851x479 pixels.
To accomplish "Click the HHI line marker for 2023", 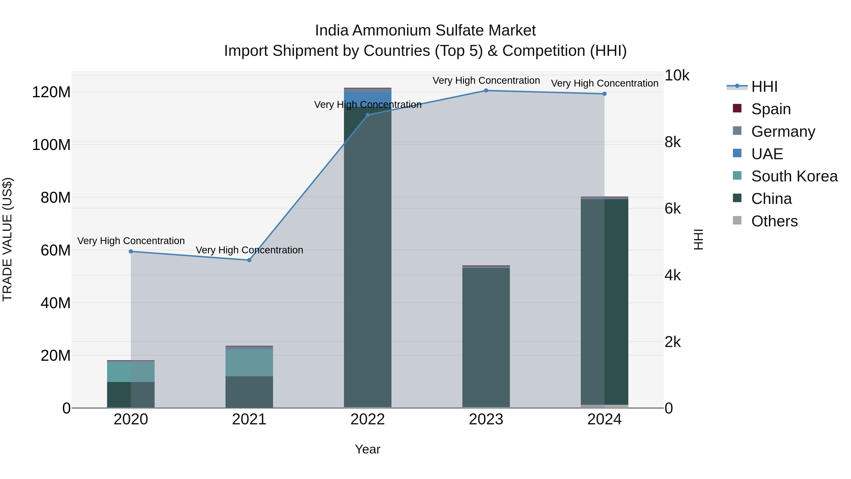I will (486, 90).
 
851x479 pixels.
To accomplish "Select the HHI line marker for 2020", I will (131, 252).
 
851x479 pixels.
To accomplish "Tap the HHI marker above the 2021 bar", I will (249, 260).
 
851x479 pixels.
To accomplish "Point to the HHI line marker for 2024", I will (604, 94).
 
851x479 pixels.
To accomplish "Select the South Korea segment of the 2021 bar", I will (249, 363).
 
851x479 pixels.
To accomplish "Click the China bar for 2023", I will (486, 337).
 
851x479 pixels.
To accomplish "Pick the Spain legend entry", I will (770, 109).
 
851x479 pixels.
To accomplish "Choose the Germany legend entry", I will (782, 132).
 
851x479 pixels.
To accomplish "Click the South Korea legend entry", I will (794, 176).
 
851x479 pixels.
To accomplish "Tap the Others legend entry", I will (774, 221).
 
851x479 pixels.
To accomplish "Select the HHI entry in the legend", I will (764, 87).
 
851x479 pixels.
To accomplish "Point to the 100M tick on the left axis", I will (51, 145).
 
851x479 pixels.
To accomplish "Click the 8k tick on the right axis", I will (673, 142).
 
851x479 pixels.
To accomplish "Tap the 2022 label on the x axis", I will (367, 419).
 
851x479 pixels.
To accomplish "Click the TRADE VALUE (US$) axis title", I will (7, 239).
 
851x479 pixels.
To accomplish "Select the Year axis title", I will (367, 449).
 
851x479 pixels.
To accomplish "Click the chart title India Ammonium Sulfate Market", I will (425, 31).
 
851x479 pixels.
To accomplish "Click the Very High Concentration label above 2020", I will (131, 241).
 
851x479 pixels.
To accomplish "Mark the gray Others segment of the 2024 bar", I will (604, 406).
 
